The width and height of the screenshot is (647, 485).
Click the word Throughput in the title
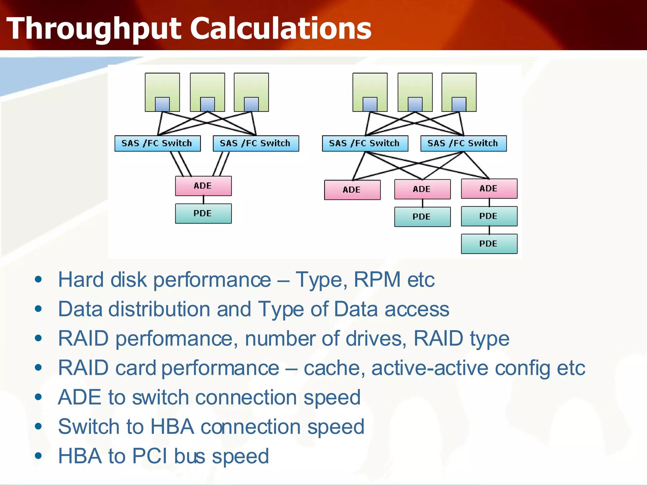(94, 29)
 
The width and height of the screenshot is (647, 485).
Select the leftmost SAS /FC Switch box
(157, 143)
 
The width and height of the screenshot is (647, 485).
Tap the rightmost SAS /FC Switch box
(463, 143)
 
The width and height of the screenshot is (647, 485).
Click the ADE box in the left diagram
(203, 186)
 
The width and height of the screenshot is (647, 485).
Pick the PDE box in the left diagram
(203, 213)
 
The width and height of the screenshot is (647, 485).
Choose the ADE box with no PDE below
(352, 190)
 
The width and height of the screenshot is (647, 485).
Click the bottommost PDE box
(489, 243)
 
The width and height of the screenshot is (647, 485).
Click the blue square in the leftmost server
(162, 104)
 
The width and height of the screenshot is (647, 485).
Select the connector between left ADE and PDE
(203, 200)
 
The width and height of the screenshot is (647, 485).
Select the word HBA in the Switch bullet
(172, 427)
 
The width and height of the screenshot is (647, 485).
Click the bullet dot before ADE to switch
(39, 397)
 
